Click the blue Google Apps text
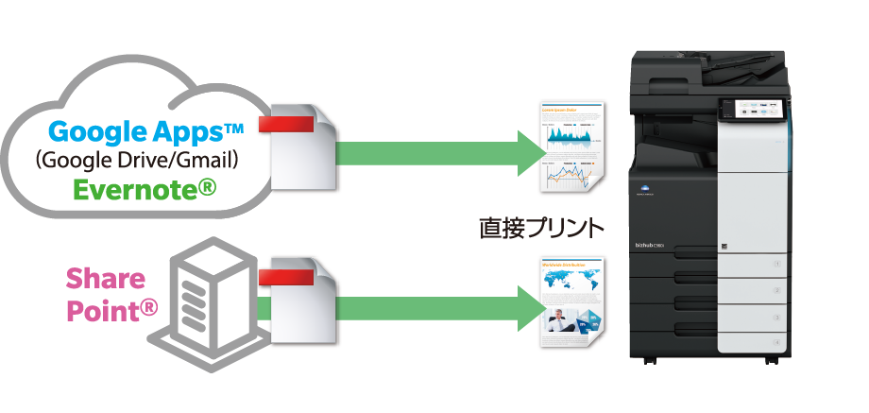145,130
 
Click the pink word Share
105,279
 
